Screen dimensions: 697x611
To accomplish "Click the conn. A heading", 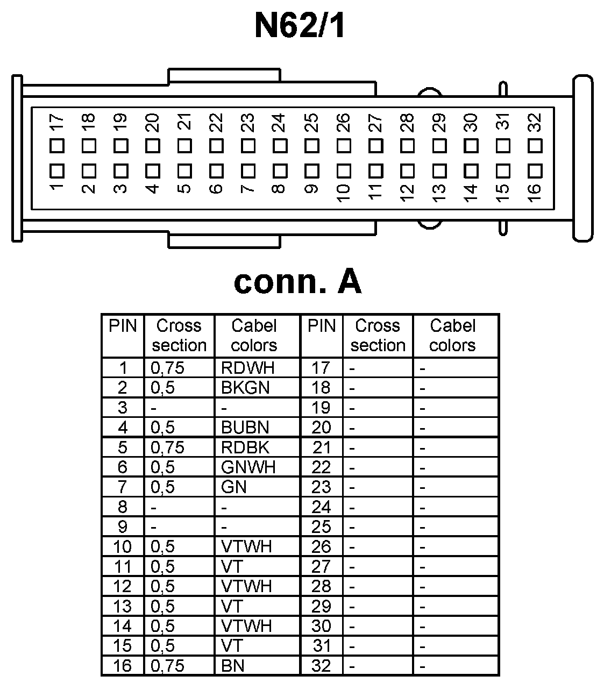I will click(x=297, y=281).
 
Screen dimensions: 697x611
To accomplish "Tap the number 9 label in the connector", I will click(x=310, y=189).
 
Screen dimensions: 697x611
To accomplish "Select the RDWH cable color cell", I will click(x=247, y=368).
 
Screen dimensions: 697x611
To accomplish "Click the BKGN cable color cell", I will click(x=245, y=388).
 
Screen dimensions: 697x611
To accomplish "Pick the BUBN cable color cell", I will click(x=245, y=428).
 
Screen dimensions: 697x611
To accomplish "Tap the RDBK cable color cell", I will click(x=245, y=447).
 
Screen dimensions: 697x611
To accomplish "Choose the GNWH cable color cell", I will click(x=248, y=467).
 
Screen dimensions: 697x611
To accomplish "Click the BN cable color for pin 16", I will click(x=233, y=666).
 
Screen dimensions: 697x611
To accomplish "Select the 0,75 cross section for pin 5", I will click(x=167, y=447).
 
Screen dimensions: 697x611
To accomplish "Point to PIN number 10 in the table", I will click(x=123, y=546).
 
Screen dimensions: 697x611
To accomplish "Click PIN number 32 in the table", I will click(x=321, y=666).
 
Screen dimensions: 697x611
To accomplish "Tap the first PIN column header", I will click(x=123, y=326).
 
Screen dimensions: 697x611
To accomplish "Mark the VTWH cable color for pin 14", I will click(x=246, y=626).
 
